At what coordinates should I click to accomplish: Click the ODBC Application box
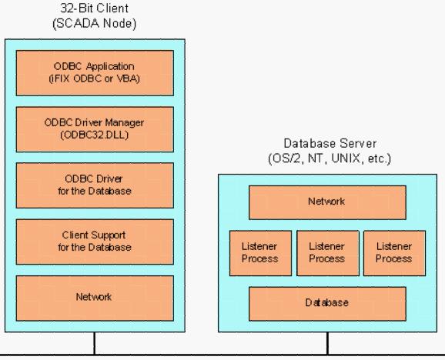(95, 73)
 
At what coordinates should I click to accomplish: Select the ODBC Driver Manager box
(95, 129)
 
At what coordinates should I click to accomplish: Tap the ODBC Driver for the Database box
(95, 185)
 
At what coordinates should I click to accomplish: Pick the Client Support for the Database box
(95, 242)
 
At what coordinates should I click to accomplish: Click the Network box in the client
(95, 298)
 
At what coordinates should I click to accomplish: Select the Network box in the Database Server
(327, 202)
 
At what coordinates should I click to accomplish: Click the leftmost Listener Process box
(260, 253)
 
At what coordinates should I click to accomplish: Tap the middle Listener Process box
(328, 253)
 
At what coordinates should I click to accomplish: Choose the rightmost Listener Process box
(394, 253)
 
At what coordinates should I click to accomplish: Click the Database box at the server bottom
(327, 304)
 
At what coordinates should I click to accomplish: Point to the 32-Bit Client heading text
(95, 8)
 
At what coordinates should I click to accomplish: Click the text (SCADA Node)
(95, 24)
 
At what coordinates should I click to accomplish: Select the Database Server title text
(330, 143)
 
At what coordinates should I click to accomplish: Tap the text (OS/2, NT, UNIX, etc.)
(330, 158)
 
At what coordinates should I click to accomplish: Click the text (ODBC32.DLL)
(94, 135)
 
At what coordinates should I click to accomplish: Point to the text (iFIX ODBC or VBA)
(94, 78)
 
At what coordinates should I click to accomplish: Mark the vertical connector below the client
(95, 343)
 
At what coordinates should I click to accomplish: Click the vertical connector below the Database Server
(328, 343)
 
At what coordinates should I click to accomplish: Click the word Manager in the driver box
(124, 123)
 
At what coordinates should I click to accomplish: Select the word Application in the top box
(110, 67)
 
